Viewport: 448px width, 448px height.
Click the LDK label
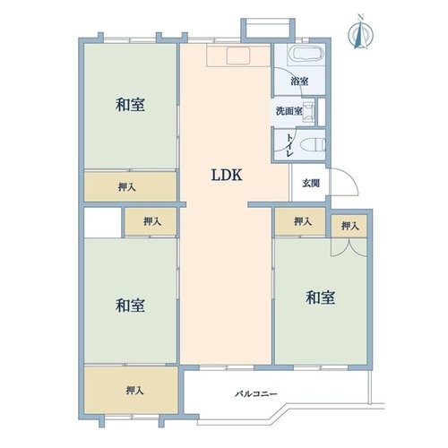click(227, 175)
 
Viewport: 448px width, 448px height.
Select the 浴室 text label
click(299, 82)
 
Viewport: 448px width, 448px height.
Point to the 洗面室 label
click(289, 111)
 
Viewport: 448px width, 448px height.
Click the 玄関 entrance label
click(311, 183)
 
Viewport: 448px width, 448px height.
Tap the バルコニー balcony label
click(256, 394)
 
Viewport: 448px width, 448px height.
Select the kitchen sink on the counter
click(238, 56)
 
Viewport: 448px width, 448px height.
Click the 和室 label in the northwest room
click(130, 105)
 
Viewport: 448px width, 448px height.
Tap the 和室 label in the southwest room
click(130, 306)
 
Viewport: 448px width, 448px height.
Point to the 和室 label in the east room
click(321, 297)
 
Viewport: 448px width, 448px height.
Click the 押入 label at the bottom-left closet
click(135, 390)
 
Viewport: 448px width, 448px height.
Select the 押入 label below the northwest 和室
click(127, 187)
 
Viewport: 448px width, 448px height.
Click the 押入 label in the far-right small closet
click(350, 226)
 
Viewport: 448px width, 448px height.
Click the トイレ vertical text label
click(290, 145)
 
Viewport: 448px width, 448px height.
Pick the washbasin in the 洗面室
click(308, 111)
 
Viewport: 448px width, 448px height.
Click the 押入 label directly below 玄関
click(303, 221)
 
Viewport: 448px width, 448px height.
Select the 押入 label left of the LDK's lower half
click(152, 221)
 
